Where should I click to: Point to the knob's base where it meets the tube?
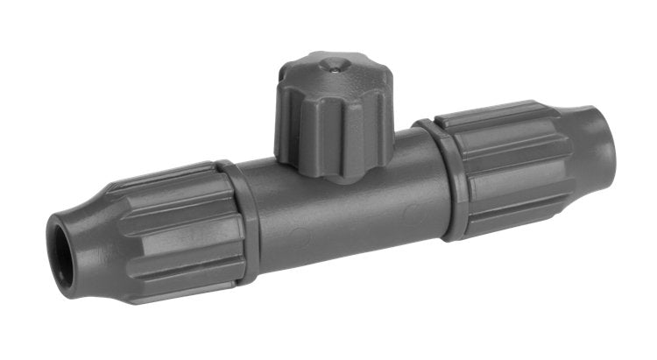click(328, 171)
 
